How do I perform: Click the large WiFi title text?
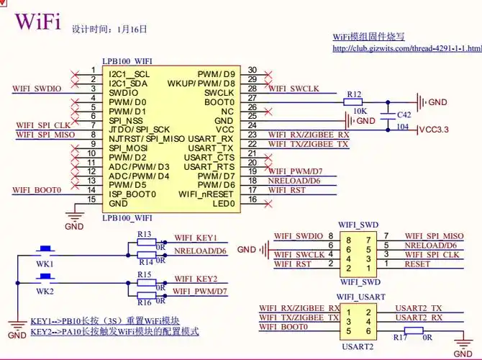tap(37, 22)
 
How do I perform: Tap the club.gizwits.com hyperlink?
tap(406, 49)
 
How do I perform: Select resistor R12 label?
tap(354, 94)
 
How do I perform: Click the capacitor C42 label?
tap(405, 114)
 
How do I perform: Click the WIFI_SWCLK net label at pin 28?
tap(294, 89)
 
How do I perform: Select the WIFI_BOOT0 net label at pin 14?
tap(37, 190)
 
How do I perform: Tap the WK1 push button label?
tap(45, 264)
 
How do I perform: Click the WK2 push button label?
tap(45, 291)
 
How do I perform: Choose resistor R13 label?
tap(144, 235)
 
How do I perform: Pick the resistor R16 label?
tap(144, 302)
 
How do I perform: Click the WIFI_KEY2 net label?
tap(195, 279)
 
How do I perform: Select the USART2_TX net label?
tap(420, 308)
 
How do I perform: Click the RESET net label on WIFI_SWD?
tap(418, 264)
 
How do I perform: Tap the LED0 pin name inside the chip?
tap(224, 204)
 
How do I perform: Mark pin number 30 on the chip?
tap(252, 70)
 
